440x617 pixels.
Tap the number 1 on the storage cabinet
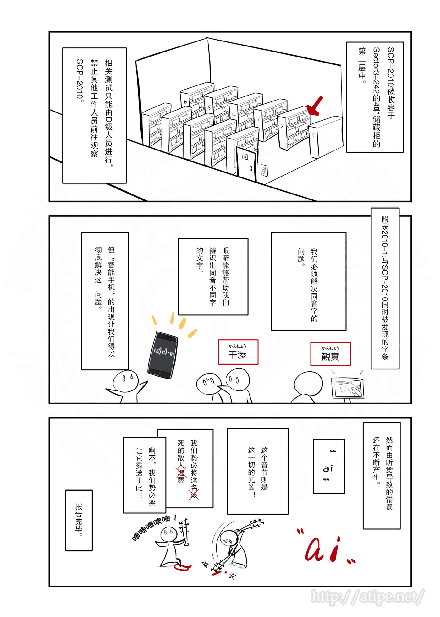tap(313, 136)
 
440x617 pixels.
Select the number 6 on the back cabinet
tap(185, 101)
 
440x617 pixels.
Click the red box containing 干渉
tap(238, 352)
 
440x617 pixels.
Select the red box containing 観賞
tap(330, 354)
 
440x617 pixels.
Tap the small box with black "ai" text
tap(329, 466)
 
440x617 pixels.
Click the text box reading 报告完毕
tap(79, 520)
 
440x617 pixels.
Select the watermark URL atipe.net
tap(368, 596)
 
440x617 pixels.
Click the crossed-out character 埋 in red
tap(181, 472)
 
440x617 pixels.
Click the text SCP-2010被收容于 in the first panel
tap(391, 83)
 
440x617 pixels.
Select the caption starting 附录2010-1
tap(385, 288)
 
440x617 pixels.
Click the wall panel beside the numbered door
tap(264, 171)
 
